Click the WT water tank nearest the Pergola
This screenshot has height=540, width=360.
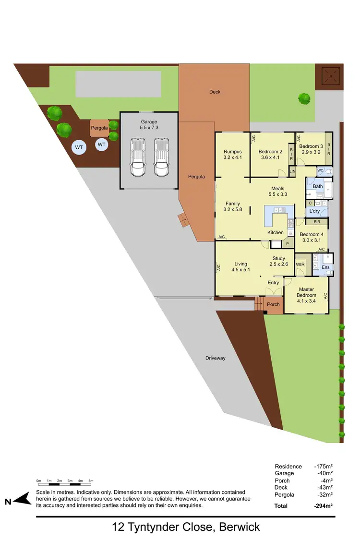(102, 144)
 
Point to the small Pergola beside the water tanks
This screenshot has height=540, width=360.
(99, 129)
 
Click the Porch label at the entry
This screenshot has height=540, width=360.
(273, 304)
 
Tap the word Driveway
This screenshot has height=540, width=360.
(215, 358)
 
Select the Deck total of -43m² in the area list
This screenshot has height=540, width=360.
(324, 488)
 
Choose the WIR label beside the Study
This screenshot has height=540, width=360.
(300, 264)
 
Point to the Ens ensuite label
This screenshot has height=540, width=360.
(325, 267)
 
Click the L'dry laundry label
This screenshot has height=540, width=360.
(314, 211)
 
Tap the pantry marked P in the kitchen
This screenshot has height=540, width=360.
(288, 243)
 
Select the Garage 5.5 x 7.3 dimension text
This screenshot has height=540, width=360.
(149, 128)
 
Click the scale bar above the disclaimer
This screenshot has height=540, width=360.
(64, 480)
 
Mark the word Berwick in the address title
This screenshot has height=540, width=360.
(240, 527)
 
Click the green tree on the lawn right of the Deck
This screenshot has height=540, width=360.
(304, 98)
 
